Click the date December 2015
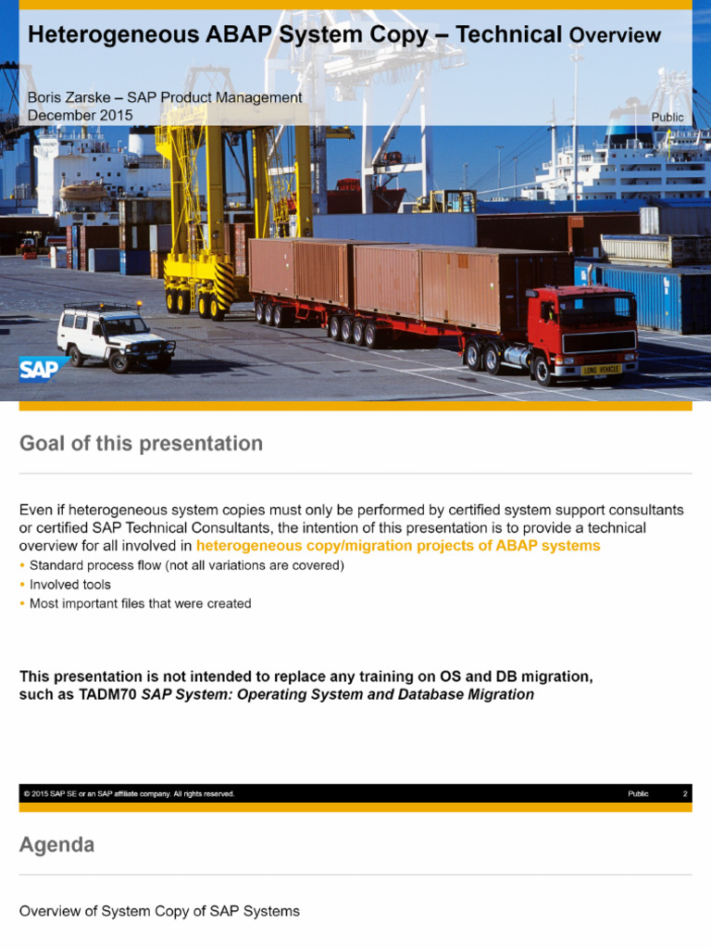click(x=80, y=115)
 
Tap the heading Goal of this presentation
click(x=141, y=444)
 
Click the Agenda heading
click(x=56, y=845)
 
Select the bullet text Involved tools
click(x=70, y=585)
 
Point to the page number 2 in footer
click(x=684, y=794)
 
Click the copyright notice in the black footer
click(x=130, y=794)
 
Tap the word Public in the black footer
click(x=638, y=794)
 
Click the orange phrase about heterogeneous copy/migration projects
click(x=398, y=546)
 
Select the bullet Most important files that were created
click(x=140, y=603)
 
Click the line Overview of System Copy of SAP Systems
click(x=159, y=911)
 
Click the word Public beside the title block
click(x=667, y=118)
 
